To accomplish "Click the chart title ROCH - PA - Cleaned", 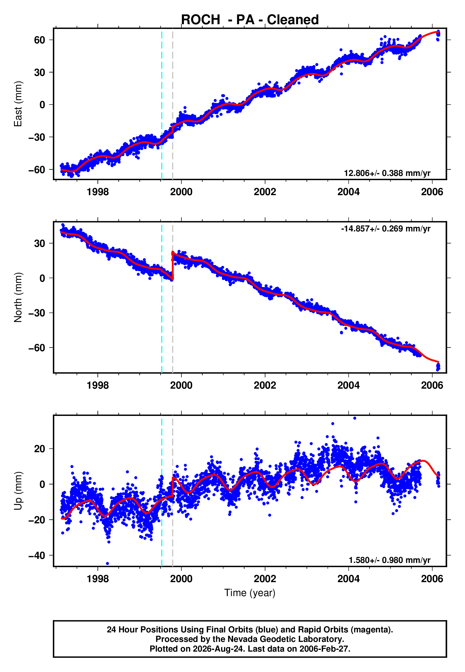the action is pos(250,20).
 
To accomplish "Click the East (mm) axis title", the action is pos(18,104).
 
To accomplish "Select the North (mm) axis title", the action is pos(18,297).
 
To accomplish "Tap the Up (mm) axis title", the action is pos(18,491).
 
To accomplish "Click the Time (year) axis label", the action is pos(250,593).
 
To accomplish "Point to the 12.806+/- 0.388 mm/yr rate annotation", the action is pos(387,173).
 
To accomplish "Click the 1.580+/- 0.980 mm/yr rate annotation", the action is pos(390,560).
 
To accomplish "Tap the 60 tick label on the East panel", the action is pos(39,40).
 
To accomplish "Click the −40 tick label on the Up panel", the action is pos(37,555).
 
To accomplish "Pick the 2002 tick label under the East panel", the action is pos(265,192).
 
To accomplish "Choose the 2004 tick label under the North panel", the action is pos(348,385).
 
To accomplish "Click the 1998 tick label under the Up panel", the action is pos(98,579).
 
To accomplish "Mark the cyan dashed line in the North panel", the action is pos(162,297).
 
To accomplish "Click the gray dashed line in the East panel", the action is pos(173,104).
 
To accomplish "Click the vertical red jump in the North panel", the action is pos(173,266).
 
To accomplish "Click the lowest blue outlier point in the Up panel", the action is pos(108,564).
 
